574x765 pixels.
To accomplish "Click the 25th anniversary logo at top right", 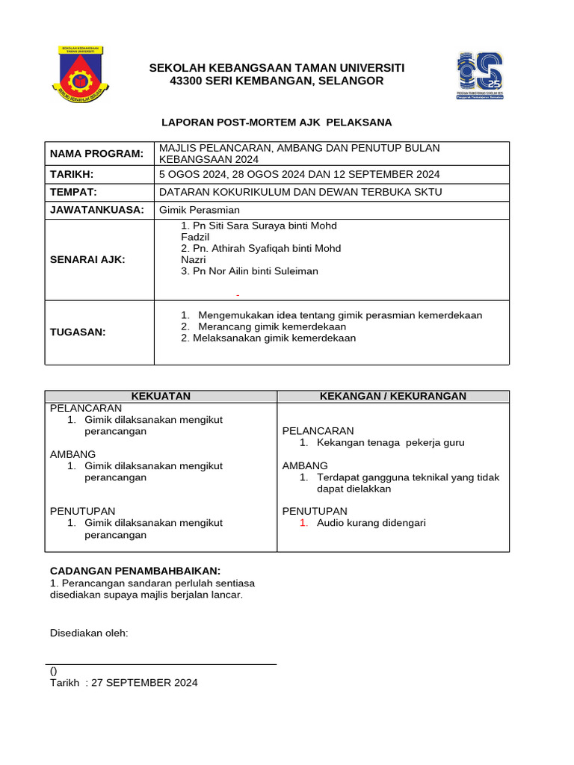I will click(479, 76).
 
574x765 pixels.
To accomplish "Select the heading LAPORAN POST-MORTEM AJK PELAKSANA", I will click(277, 122).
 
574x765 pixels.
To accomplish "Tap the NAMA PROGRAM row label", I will click(96, 154).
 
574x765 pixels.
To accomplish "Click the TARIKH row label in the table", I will click(72, 174).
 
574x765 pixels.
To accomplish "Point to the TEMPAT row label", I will click(73, 192).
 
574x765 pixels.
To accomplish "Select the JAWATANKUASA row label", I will click(96, 210).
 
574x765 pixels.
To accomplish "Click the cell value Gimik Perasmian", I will click(200, 210).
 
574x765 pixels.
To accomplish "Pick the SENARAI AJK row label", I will click(87, 259).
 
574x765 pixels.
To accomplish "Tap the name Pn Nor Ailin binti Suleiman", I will click(250, 271).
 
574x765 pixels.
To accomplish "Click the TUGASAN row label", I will click(78, 332).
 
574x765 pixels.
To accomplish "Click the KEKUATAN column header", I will click(161, 396).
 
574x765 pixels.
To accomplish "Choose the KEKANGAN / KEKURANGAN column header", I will click(393, 396).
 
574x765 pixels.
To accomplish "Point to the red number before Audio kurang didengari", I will click(303, 523).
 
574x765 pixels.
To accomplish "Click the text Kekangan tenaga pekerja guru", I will click(390, 442).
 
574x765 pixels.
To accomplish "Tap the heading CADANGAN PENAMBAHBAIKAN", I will click(135, 570).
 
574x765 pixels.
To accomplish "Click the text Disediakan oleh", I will click(89, 634).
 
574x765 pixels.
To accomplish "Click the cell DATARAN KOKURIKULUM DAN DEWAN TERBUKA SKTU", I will click(300, 192).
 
